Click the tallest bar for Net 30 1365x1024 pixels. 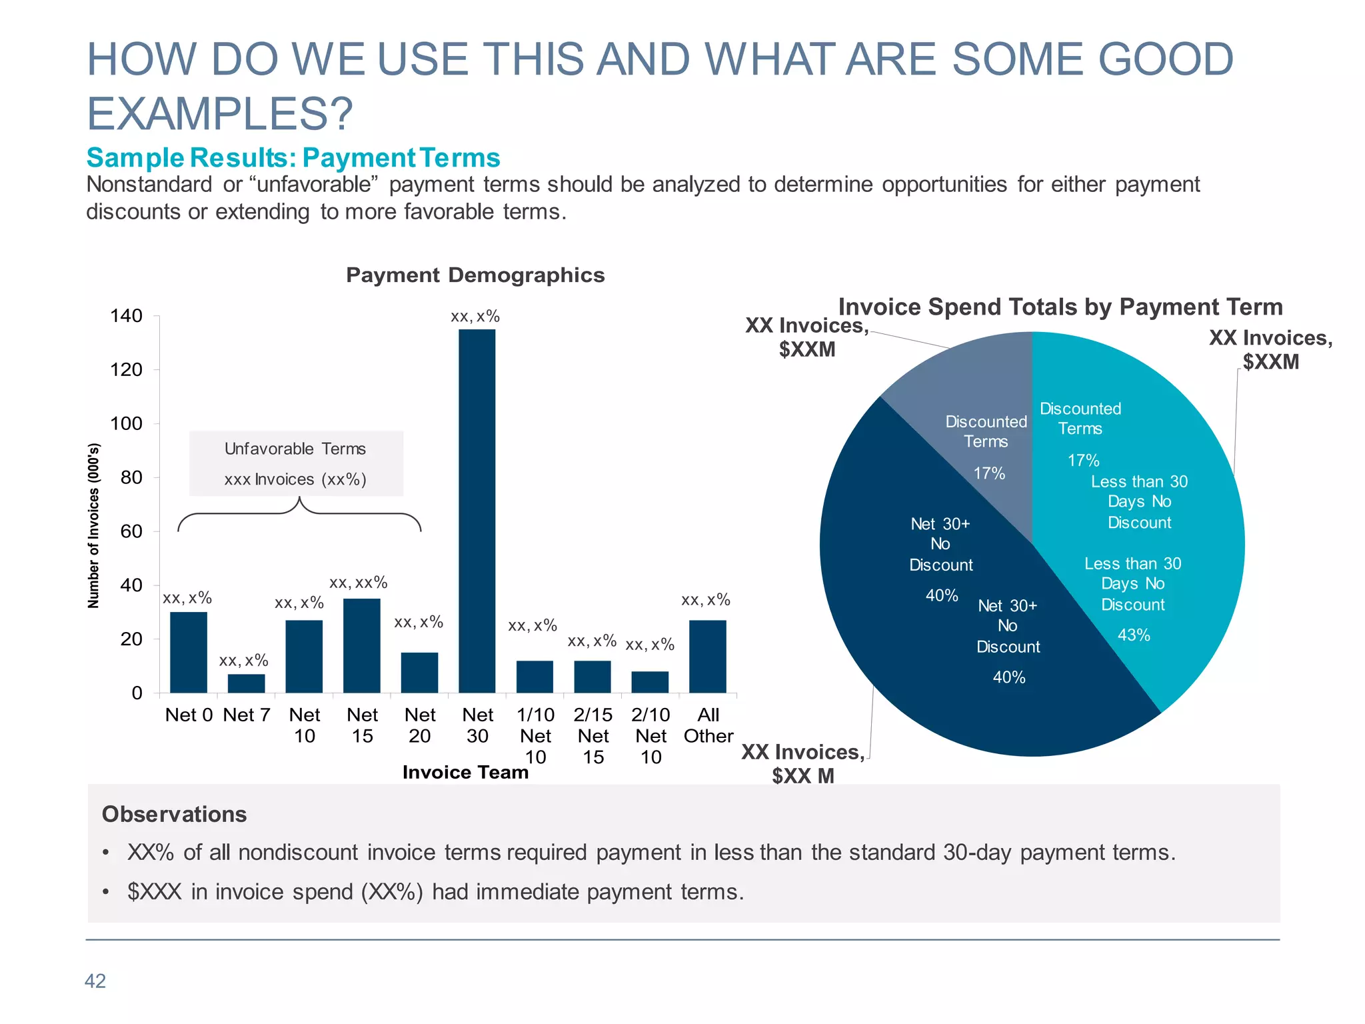pyautogui.click(x=477, y=511)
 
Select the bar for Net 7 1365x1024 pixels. pyautogui.click(x=246, y=683)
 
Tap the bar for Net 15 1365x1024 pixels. pyautogui.click(x=362, y=645)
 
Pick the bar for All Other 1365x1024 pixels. pyautogui.click(x=707, y=656)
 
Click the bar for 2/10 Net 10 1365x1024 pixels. pyautogui.click(x=650, y=682)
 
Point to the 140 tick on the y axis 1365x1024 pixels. pyautogui.click(x=126, y=316)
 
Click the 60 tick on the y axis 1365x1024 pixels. pyautogui.click(x=131, y=531)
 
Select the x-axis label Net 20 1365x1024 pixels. pyautogui.click(x=420, y=725)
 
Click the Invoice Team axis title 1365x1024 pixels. pyautogui.click(x=465, y=772)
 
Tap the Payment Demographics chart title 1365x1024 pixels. pyautogui.click(x=475, y=275)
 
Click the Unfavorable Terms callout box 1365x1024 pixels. pyautogui.click(x=296, y=463)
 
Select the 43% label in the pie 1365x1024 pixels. pyautogui.click(x=1134, y=635)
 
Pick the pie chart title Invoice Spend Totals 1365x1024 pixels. pyautogui.click(x=1060, y=307)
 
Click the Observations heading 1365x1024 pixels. pyautogui.click(x=174, y=815)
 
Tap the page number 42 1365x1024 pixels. pyautogui.click(x=95, y=981)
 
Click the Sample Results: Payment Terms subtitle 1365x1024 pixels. pyautogui.click(x=293, y=158)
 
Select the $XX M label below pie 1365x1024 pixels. pyautogui.click(x=803, y=776)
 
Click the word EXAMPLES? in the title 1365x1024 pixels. pyautogui.click(x=220, y=113)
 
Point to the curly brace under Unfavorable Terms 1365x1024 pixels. pyautogui.click(x=299, y=515)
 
